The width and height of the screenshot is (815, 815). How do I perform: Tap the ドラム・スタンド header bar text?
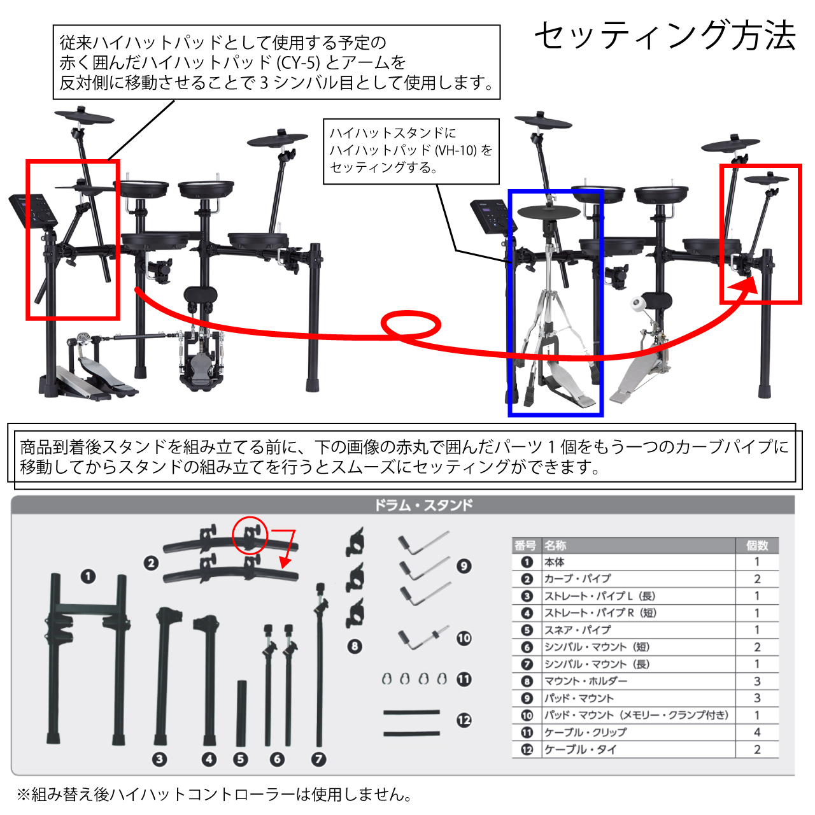tap(423, 505)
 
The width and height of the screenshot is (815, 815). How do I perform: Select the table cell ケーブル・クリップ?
tap(585, 732)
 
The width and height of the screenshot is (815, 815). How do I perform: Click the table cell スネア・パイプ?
tap(578, 630)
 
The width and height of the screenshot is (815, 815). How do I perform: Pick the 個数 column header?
tap(757, 545)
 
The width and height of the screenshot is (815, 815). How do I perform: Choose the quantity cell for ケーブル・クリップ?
tap(757, 732)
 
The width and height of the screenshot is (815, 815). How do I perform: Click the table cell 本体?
tap(554, 562)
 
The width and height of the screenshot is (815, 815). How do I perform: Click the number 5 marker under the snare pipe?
tap(240, 759)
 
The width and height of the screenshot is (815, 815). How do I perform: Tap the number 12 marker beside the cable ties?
tap(464, 720)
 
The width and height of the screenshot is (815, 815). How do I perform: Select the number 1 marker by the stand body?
tap(88, 576)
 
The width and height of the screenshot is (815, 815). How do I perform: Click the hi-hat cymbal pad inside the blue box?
tap(549, 212)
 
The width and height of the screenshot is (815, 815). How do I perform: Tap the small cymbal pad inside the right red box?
tap(767, 178)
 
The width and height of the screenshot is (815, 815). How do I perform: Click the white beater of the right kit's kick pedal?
tap(636, 303)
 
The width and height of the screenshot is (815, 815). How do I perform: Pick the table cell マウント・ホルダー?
tap(585, 681)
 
